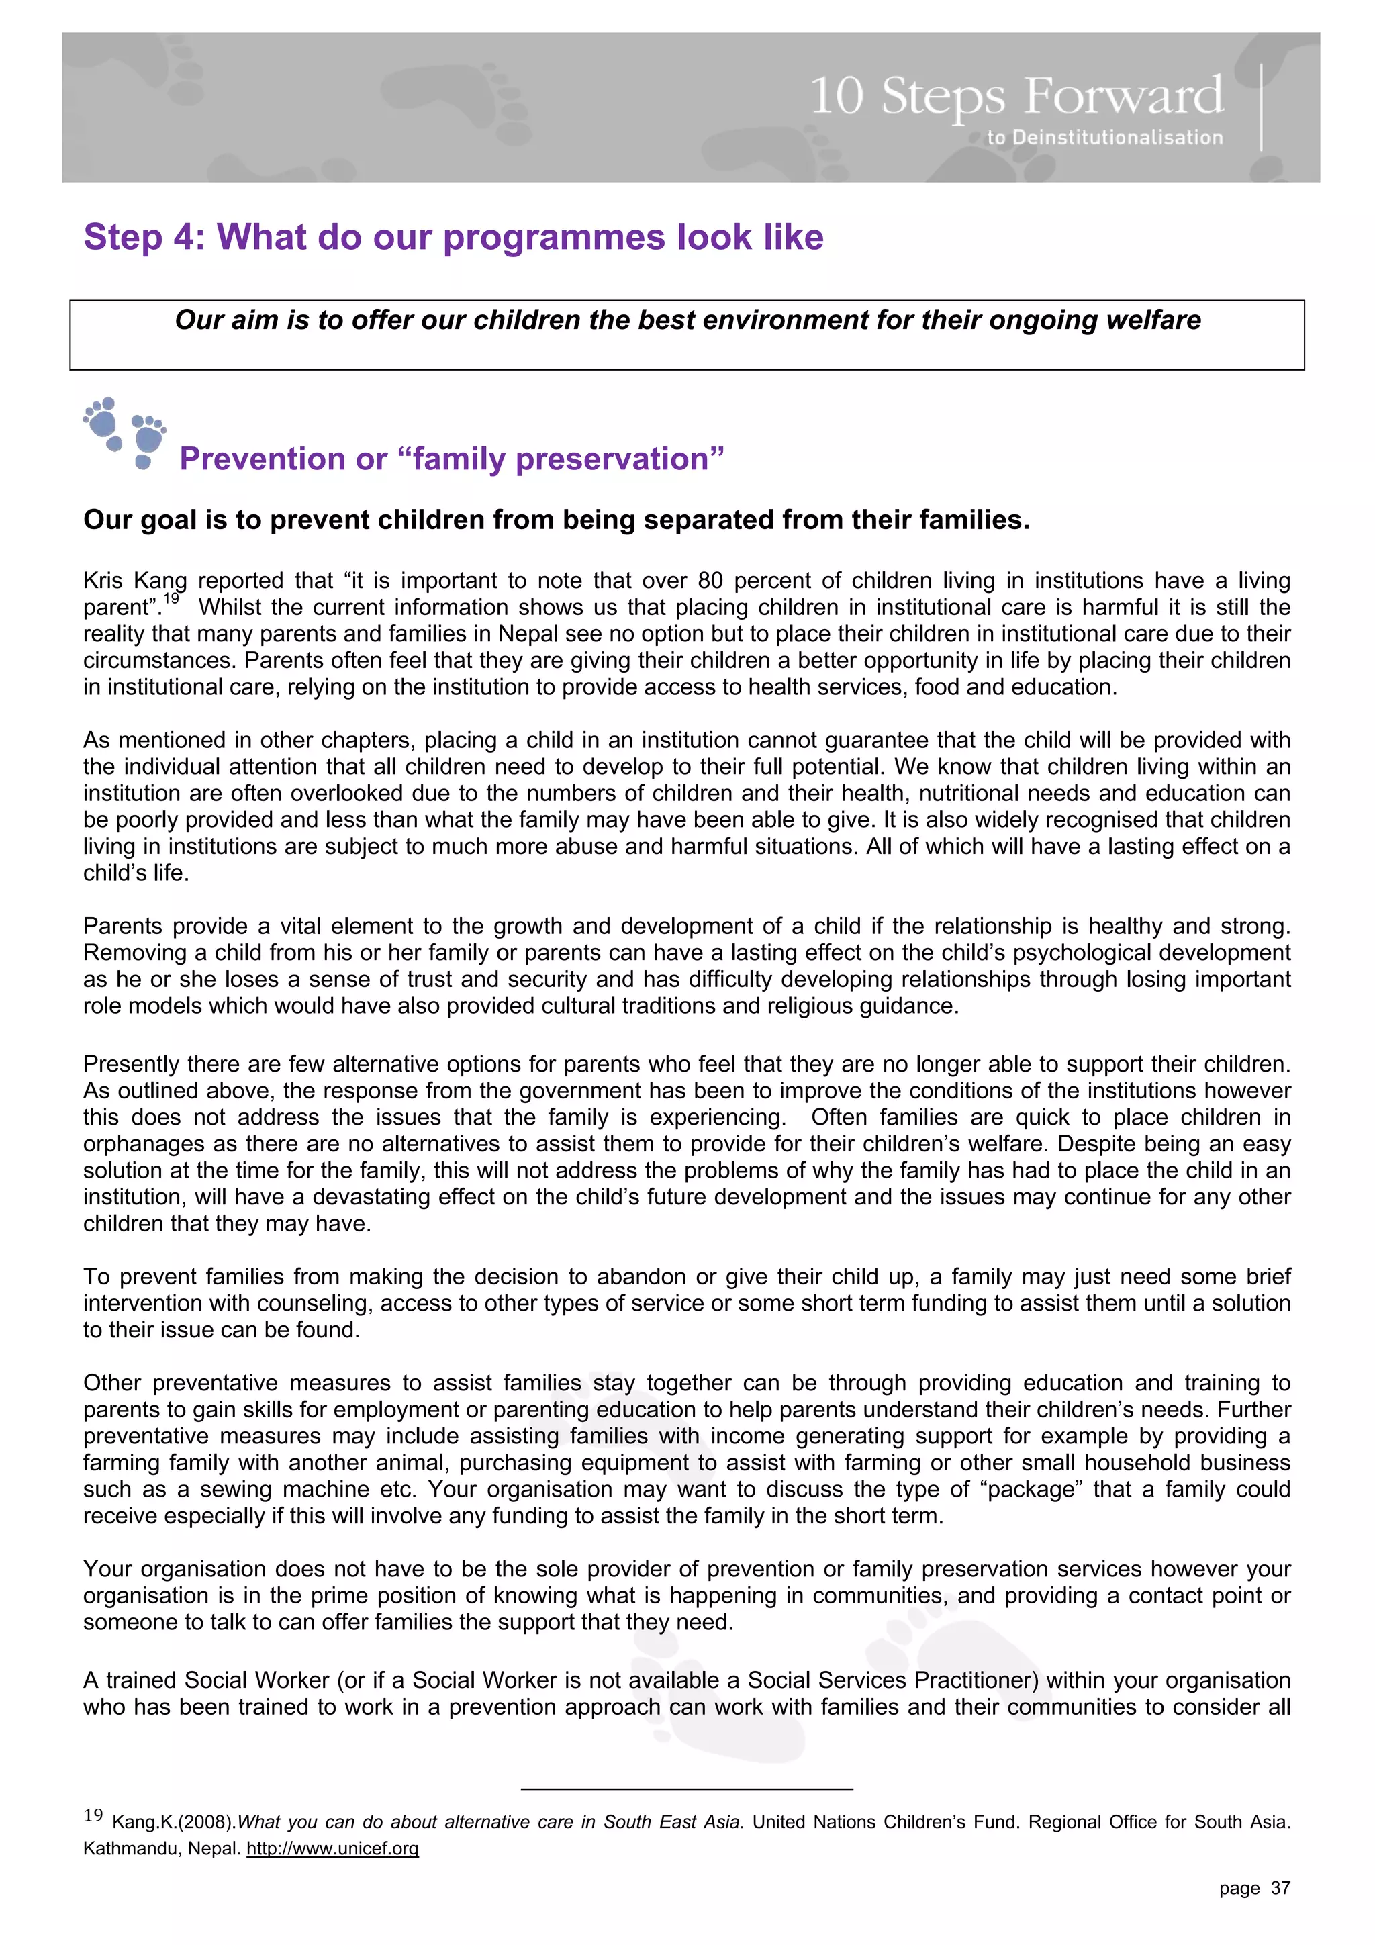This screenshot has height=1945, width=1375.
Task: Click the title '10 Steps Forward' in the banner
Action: [x=1016, y=96]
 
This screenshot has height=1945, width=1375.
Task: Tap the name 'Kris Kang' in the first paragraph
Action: [x=135, y=581]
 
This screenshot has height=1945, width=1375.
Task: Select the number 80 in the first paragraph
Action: [x=710, y=581]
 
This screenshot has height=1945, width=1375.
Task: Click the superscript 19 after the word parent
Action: [x=172, y=599]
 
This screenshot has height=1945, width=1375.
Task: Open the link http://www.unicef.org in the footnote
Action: [x=332, y=1848]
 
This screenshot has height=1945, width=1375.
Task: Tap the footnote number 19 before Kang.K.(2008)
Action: [x=93, y=1815]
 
